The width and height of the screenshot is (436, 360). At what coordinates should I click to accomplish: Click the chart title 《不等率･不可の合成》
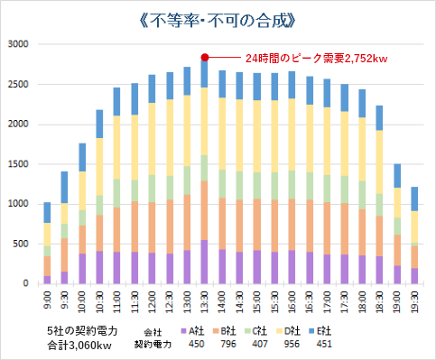pyautogui.click(x=217, y=17)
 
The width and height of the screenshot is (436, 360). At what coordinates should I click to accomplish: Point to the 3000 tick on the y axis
pyautogui.click(x=19, y=44)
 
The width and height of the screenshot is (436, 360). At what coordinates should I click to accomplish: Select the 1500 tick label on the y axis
pyautogui.click(x=19, y=164)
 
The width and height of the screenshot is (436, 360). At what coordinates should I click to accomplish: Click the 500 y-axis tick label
pyautogui.click(x=23, y=244)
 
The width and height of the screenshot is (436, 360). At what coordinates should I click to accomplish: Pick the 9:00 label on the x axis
pyautogui.click(x=47, y=300)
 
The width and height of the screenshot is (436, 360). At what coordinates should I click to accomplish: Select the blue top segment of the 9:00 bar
pyautogui.click(x=47, y=212)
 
